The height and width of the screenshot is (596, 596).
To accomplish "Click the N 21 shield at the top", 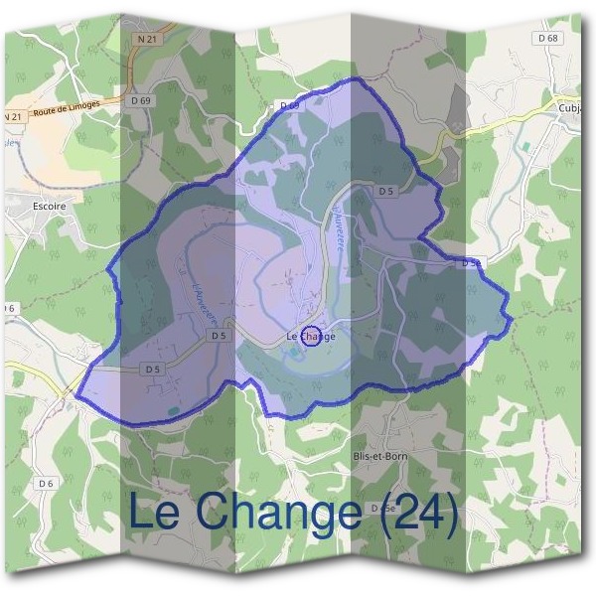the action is (146, 37).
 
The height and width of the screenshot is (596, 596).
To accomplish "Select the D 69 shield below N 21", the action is (141, 100).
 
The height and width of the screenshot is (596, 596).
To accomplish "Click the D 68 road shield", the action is (547, 38).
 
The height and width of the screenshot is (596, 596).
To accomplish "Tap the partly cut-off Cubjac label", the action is (569, 108).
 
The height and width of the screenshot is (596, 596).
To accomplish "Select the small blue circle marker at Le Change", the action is (310, 337).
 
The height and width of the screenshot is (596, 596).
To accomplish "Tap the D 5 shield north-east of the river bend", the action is (387, 191).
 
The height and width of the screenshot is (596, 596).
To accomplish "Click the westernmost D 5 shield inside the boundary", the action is (152, 369).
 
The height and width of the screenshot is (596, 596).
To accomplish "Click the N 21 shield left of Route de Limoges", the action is (13, 116).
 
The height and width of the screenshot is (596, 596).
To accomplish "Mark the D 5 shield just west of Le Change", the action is (220, 336).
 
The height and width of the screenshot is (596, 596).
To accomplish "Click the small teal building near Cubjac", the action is (526, 146).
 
